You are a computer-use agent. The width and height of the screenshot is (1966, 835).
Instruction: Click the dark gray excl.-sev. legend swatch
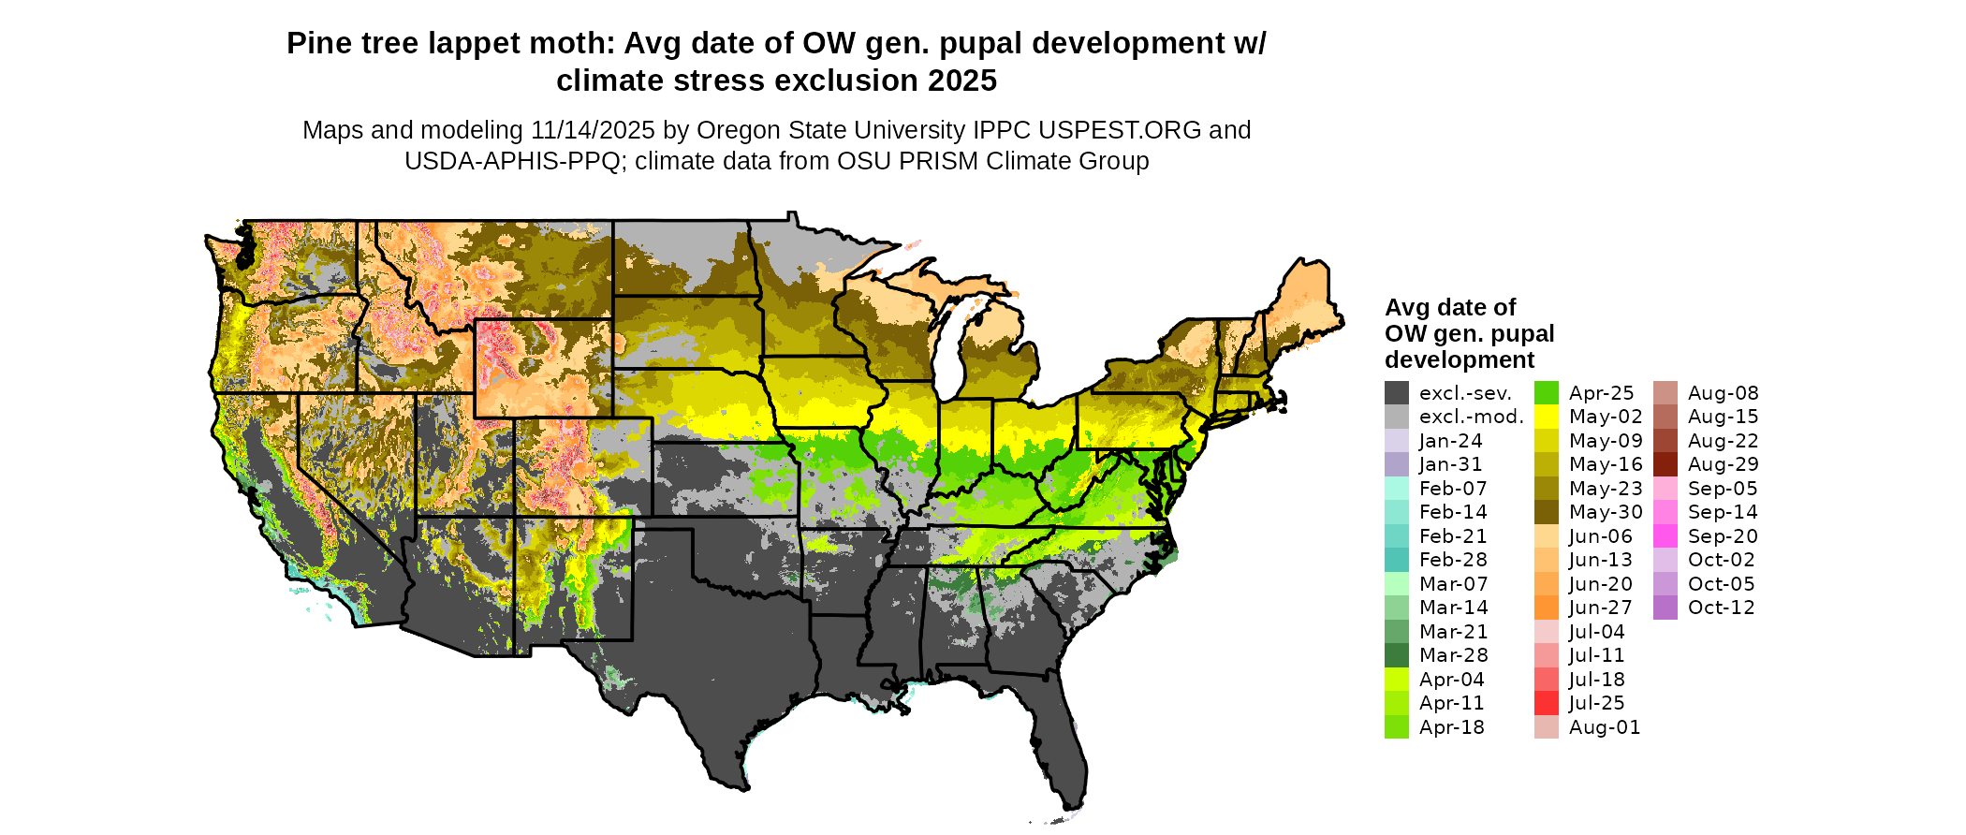[1396, 393]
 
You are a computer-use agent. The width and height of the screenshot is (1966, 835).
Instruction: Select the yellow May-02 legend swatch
[1547, 417]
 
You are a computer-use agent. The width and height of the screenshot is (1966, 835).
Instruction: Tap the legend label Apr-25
[1601, 393]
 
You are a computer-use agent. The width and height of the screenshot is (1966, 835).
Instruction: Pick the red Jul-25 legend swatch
[1547, 703]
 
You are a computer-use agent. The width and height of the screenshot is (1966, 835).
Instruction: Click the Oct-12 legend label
[1721, 608]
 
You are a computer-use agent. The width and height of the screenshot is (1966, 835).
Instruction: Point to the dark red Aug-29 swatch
[1665, 464]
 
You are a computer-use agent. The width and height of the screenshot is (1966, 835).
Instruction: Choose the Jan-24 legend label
[1450, 441]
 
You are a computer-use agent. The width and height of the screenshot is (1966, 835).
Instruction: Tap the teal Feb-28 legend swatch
[1396, 560]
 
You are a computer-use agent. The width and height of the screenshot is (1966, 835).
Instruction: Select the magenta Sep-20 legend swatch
[1665, 536]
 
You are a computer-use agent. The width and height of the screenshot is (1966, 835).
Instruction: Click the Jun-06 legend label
[1600, 536]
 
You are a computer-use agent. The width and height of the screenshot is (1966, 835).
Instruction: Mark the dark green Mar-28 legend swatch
[1396, 655]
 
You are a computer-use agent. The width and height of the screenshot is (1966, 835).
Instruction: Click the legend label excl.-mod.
[1472, 417]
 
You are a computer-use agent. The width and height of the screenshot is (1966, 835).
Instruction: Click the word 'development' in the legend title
[1460, 360]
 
